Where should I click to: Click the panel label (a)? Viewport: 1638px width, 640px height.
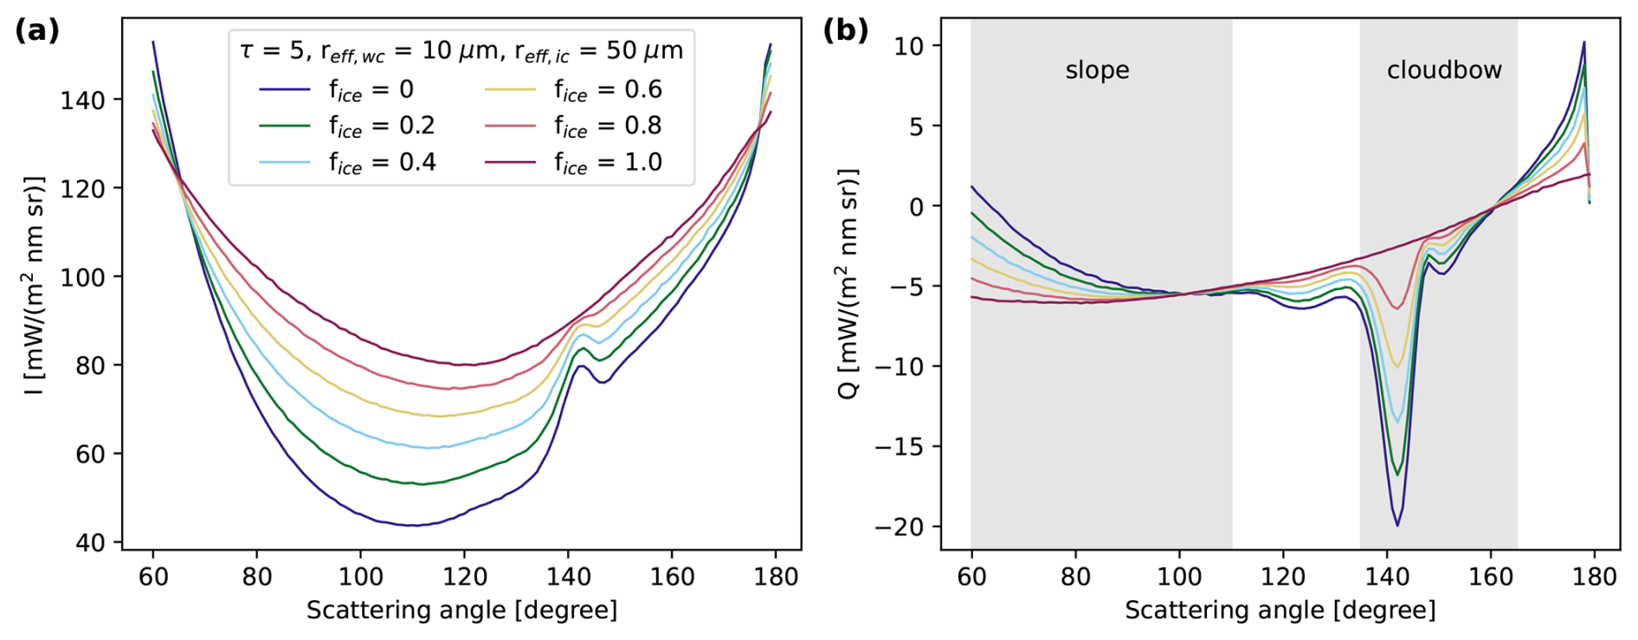point(37,31)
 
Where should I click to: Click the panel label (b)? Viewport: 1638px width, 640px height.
point(845,31)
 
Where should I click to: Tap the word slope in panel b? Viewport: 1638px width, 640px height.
point(1097,70)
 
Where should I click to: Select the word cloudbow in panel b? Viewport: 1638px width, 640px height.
point(1444,70)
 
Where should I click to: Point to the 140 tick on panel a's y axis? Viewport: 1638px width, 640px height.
point(85,100)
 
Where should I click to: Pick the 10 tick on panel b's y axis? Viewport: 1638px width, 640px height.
point(911,46)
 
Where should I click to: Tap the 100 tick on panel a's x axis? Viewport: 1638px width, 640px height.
point(360,577)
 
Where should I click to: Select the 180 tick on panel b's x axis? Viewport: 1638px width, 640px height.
point(1594,577)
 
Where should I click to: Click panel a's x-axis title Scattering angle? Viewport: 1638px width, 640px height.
point(461,611)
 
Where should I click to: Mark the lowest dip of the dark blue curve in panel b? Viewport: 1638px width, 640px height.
point(1397,525)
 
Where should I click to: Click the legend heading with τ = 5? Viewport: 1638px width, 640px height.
point(461,51)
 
